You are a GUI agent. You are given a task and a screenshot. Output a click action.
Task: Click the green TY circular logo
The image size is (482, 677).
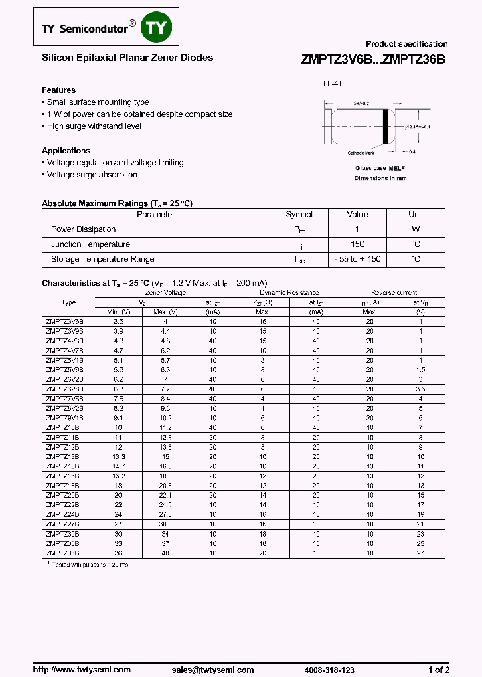tap(159, 27)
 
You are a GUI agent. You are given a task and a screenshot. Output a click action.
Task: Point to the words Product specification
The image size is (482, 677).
tap(406, 44)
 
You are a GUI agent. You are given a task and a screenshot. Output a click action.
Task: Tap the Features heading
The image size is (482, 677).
tap(58, 90)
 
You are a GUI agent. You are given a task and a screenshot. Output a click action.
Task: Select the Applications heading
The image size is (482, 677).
tap(66, 151)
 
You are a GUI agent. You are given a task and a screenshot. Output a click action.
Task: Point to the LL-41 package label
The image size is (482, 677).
tap(332, 85)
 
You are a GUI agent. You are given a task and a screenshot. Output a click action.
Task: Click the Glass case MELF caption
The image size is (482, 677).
tap(380, 169)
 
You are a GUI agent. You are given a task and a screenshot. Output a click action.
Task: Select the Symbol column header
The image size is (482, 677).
tap(299, 215)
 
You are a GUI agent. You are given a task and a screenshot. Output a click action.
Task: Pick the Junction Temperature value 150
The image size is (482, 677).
tap(357, 244)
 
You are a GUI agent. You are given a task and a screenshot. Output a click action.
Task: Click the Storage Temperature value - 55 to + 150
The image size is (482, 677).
tap(357, 259)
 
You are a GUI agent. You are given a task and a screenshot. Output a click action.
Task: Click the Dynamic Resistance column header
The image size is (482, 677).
tap(289, 293)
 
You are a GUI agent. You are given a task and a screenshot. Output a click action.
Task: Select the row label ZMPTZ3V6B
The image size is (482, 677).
tap(64, 322)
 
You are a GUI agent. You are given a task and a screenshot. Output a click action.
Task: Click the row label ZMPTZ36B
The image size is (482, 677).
tap(62, 553)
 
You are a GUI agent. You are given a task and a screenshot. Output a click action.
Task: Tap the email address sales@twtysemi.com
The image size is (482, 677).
tap(212, 670)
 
